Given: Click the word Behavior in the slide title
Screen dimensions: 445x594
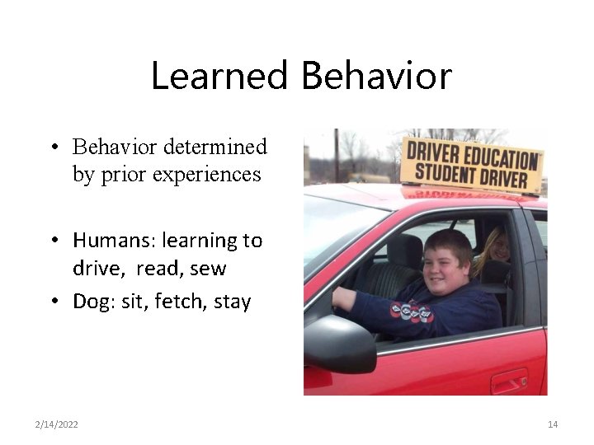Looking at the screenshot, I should (376, 77).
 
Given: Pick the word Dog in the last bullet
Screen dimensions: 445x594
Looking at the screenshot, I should (92, 302).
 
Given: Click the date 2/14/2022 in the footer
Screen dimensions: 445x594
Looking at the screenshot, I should (57, 424).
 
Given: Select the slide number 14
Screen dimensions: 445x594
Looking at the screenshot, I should (553, 424).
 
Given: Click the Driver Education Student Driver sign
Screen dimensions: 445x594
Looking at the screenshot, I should (472, 165).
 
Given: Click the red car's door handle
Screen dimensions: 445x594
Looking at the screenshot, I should (509, 383).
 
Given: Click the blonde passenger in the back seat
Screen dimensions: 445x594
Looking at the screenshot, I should (496, 247).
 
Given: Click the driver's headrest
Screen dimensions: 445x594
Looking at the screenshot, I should (405, 251).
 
